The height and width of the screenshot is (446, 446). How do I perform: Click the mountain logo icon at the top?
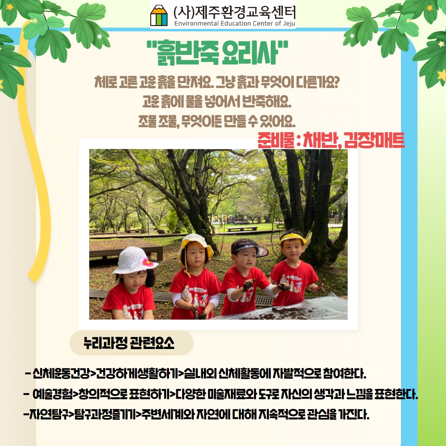click(x=159, y=15)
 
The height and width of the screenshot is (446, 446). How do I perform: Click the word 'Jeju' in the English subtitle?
click(x=289, y=23)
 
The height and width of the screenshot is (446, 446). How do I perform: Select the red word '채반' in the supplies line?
click(x=320, y=140)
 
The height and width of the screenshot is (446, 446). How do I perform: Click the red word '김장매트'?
click(x=374, y=140)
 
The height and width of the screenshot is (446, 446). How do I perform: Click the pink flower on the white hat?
click(x=147, y=262)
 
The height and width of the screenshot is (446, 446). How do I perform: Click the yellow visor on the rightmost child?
click(x=292, y=239)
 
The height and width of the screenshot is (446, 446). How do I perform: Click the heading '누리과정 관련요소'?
click(x=129, y=343)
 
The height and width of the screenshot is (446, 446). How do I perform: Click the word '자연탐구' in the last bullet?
click(x=49, y=415)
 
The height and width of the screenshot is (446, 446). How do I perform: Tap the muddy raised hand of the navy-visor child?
click(x=248, y=285)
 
